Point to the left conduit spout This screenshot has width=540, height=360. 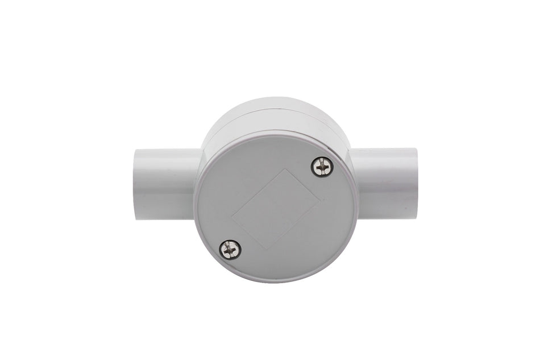[165, 181]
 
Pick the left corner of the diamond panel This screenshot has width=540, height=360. [234, 217]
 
